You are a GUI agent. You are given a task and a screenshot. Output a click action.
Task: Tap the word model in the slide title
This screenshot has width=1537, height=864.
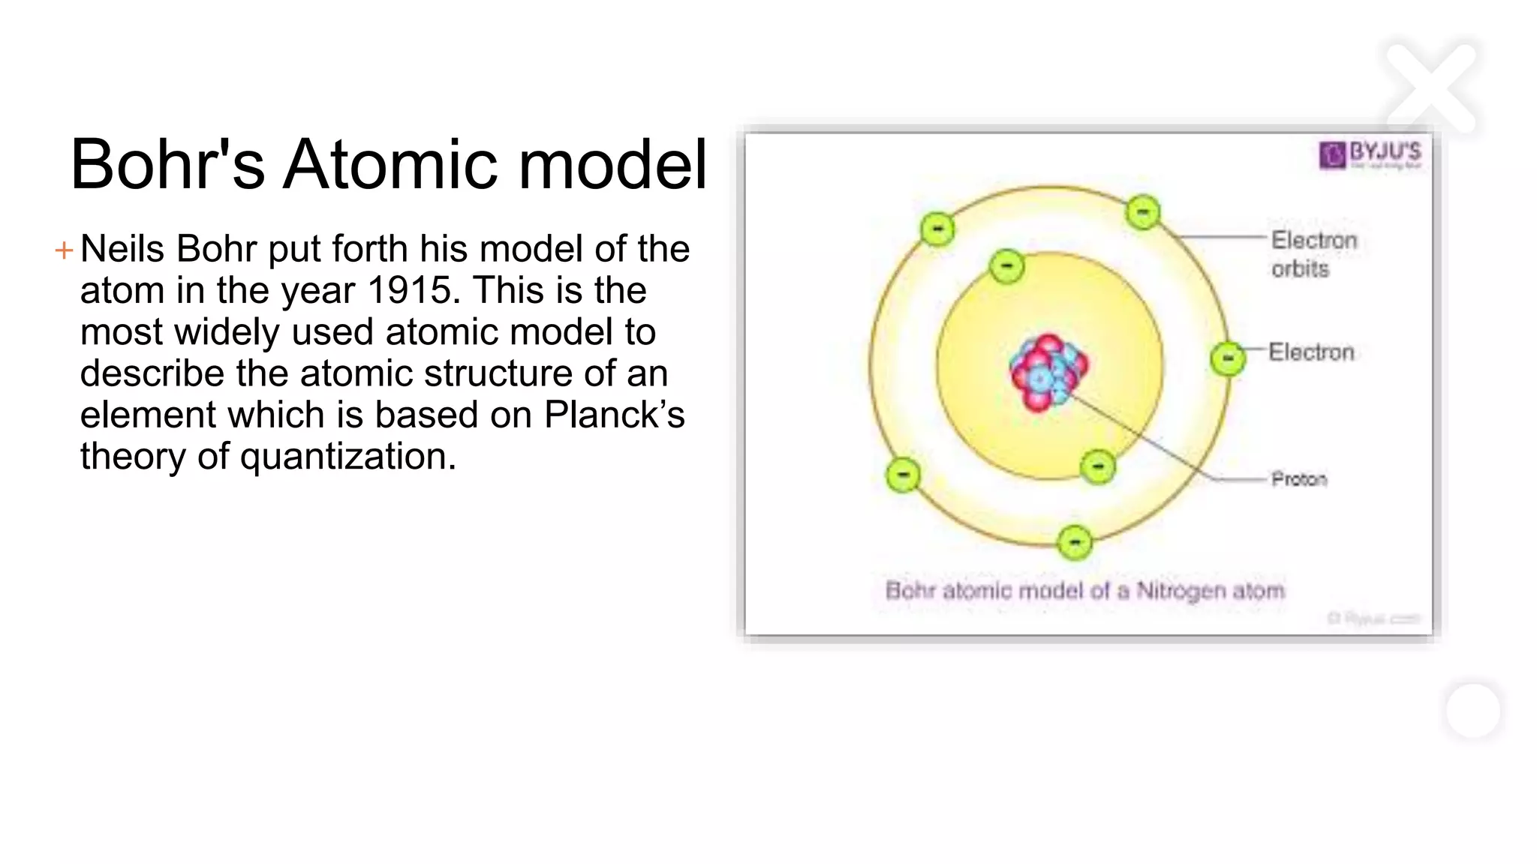point(612,165)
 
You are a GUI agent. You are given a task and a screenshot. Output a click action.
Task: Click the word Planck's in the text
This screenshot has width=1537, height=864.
point(614,415)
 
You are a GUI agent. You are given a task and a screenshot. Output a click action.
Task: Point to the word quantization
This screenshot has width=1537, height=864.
point(347,457)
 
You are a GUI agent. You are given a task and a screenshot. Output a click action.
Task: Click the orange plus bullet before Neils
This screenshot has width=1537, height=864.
point(64,250)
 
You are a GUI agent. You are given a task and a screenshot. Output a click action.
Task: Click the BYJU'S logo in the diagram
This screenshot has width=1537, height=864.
point(1370,154)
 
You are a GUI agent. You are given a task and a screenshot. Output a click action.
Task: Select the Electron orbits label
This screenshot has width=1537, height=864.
point(1313,254)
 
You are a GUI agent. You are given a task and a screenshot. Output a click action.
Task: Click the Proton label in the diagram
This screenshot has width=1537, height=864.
point(1298,479)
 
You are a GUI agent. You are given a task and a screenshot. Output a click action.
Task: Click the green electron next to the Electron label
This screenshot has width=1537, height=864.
point(1228,358)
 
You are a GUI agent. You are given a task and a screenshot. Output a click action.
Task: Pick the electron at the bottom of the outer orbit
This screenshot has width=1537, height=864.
point(1075,542)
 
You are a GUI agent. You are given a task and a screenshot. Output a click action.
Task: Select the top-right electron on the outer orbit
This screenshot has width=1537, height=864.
point(1143,212)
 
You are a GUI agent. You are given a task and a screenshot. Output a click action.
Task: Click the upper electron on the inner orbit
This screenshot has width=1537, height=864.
point(1006,266)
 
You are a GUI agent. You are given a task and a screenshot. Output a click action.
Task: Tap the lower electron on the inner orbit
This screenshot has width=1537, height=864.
point(1098,467)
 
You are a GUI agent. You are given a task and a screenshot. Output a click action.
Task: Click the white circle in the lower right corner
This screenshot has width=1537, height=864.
point(1472,711)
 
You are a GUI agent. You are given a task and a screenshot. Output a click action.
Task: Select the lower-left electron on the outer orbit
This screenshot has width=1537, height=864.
point(903,475)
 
